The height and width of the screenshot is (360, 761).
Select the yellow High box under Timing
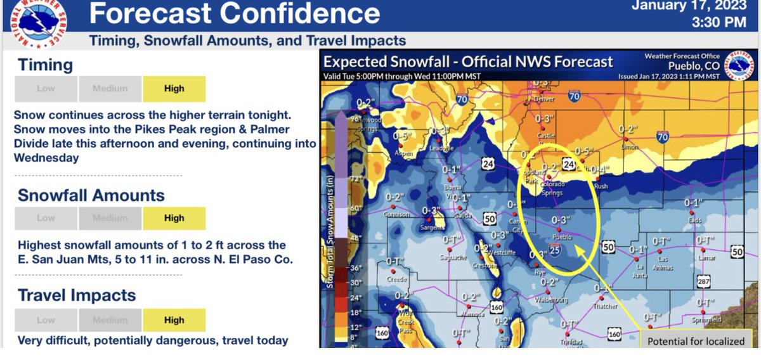(x=174, y=89)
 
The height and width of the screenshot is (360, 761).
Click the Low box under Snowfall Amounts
(x=46, y=218)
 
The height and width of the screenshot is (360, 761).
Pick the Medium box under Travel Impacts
(x=110, y=320)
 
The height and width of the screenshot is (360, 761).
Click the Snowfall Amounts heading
(x=91, y=195)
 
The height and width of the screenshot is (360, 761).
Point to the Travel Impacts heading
(x=77, y=295)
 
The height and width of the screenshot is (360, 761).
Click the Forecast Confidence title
(x=235, y=13)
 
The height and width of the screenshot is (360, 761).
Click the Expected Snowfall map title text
(x=468, y=61)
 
